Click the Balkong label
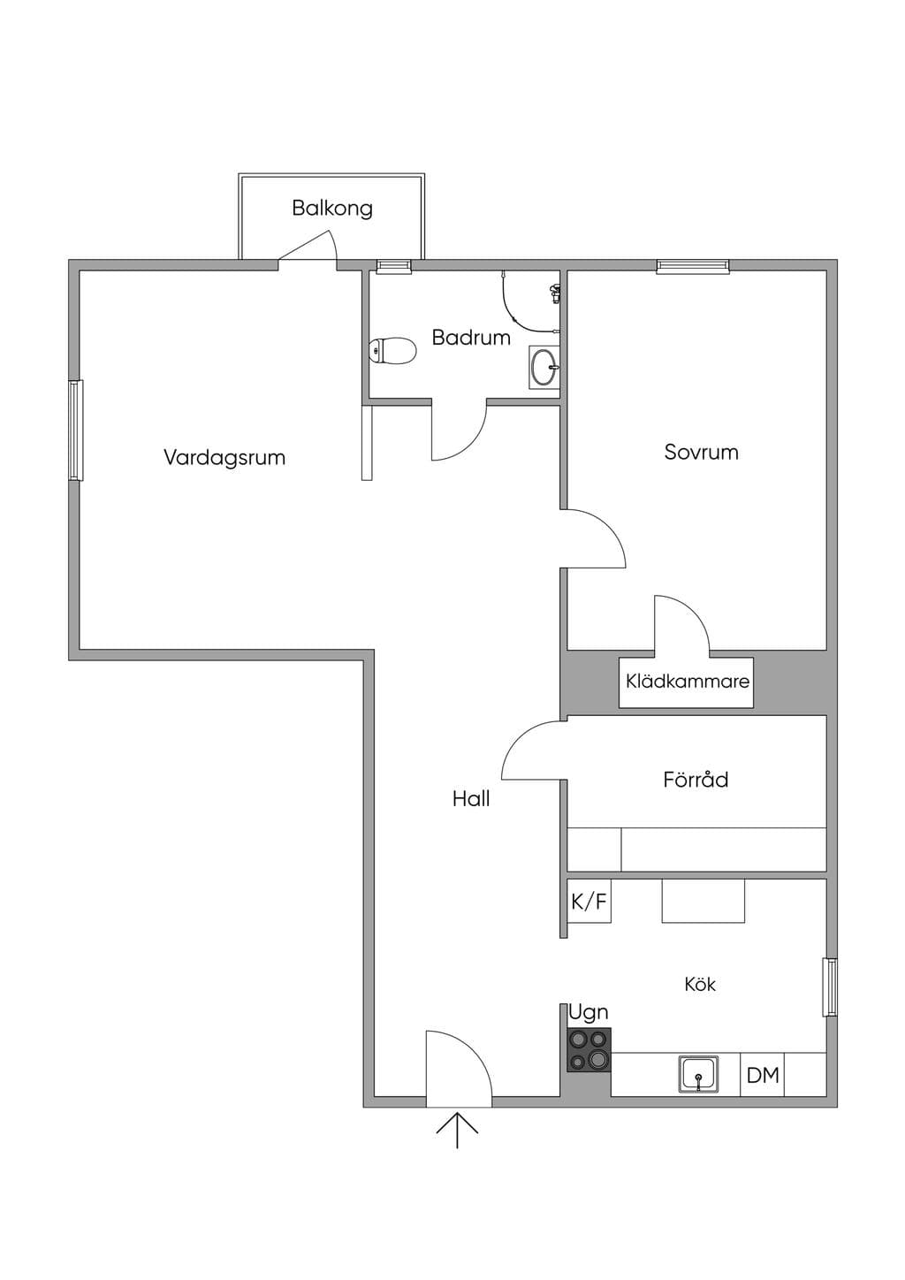pos(332,208)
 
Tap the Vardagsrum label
pos(224,457)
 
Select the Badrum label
pos(471,337)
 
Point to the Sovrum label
pos(701,452)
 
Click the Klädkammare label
pos(688,682)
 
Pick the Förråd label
pos(696,780)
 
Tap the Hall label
pos(471,799)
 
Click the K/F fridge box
pos(589,901)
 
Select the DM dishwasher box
pos(762,1075)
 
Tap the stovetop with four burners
pos(589,1049)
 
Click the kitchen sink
pos(698,1074)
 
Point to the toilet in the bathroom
pos(392,351)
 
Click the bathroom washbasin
pos(544,367)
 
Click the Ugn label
pos(589,1013)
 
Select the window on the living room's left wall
pos(76,430)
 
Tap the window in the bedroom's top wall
pos(693,266)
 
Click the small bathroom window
pos(394,266)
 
